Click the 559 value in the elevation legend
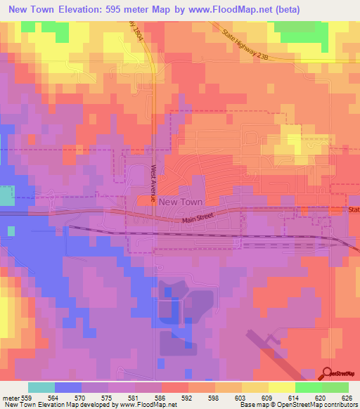(26, 398)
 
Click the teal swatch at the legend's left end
(41, 387)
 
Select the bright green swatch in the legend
(308, 387)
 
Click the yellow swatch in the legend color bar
(281, 387)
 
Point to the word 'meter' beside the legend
(9, 398)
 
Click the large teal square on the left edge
(6, 195)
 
